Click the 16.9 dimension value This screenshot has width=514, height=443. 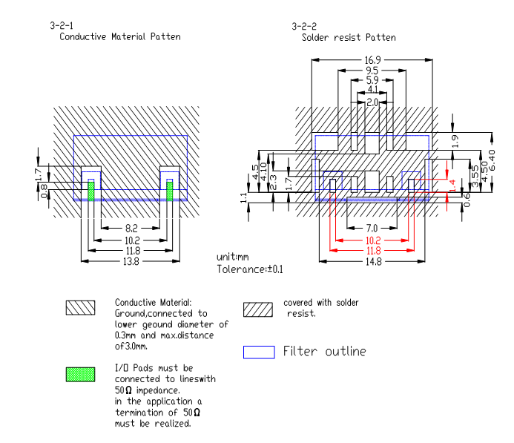tap(373, 60)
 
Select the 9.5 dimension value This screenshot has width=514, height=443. tap(372, 70)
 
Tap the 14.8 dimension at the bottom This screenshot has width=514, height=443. tap(374, 262)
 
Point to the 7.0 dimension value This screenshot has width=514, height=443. tap(372, 228)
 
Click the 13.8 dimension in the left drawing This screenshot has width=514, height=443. tap(131, 262)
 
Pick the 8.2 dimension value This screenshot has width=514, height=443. tap(131, 228)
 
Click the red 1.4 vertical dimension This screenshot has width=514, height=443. tap(452, 186)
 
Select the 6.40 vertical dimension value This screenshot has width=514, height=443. tap(492, 160)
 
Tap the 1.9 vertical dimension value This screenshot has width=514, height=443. tap(455, 141)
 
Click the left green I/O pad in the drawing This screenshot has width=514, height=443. tap(91, 191)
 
